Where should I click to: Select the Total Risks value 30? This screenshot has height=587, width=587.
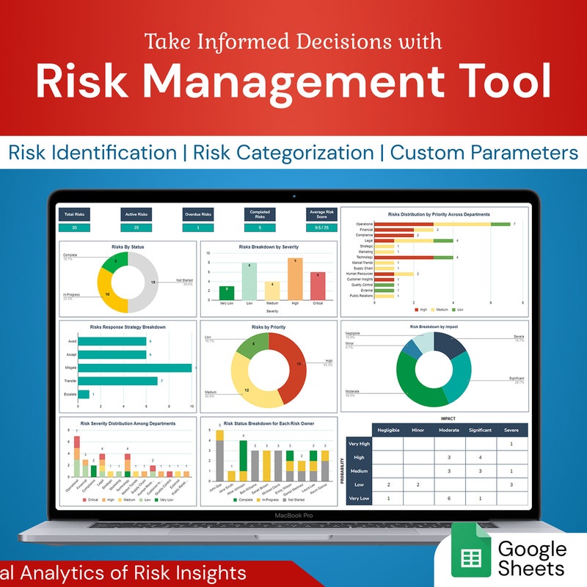pyautogui.click(x=74, y=227)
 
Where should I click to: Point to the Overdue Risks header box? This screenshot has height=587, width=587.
pyautogui.click(x=197, y=214)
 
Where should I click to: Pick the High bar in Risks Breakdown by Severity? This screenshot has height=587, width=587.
pyautogui.click(x=295, y=278)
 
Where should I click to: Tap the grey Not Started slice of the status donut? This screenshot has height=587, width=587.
pyautogui.click(x=145, y=282)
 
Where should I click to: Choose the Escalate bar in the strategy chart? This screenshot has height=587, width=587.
pyautogui.click(x=84, y=394)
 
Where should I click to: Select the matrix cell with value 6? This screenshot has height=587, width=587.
pyautogui.click(x=448, y=498)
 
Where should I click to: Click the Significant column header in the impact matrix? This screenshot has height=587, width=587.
pyautogui.click(x=479, y=430)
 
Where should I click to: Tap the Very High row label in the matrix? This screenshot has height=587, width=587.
pyautogui.click(x=360, y=444)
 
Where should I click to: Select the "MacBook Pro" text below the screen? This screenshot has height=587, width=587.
pyautogui.click(x=293, y=516)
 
